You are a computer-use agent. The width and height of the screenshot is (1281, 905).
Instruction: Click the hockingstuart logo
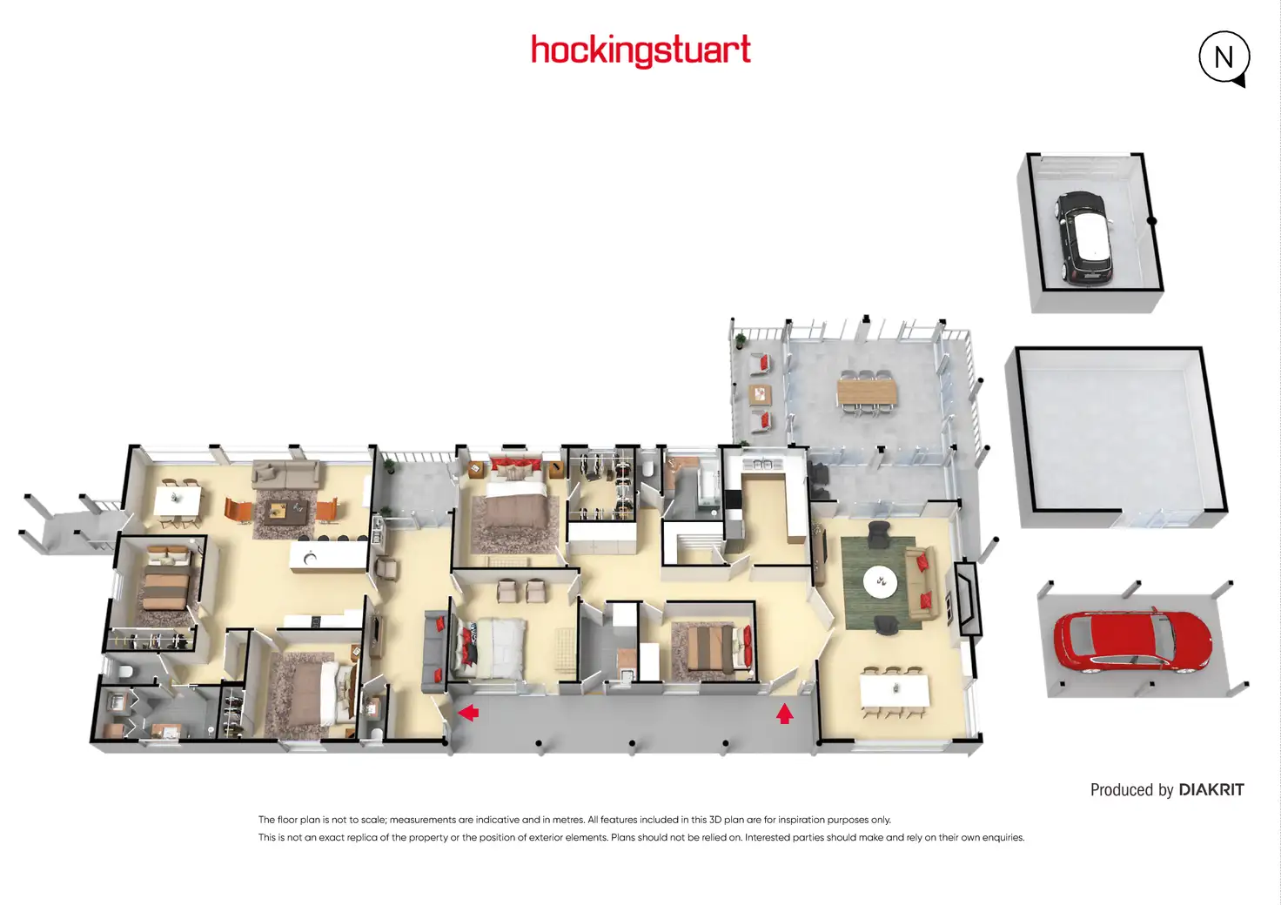pos(640,50)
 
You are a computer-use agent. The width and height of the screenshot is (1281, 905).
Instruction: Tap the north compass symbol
pos(1224,57)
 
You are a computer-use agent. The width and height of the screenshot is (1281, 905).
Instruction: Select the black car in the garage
pos(1084,238)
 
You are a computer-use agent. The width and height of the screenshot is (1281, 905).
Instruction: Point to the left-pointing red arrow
pos(468,714)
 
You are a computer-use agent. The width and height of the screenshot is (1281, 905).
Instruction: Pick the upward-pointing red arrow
pos(785,714)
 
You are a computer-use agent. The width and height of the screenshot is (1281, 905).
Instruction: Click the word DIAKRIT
pos(1211,790)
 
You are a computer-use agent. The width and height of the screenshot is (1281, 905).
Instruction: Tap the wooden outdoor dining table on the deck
pos(866,392)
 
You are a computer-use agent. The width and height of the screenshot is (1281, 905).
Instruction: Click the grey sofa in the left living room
pos(285,474)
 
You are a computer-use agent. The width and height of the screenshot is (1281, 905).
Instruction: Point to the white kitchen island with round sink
pos(328,555)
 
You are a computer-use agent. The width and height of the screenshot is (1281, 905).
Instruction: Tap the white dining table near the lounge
pos(895,690)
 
